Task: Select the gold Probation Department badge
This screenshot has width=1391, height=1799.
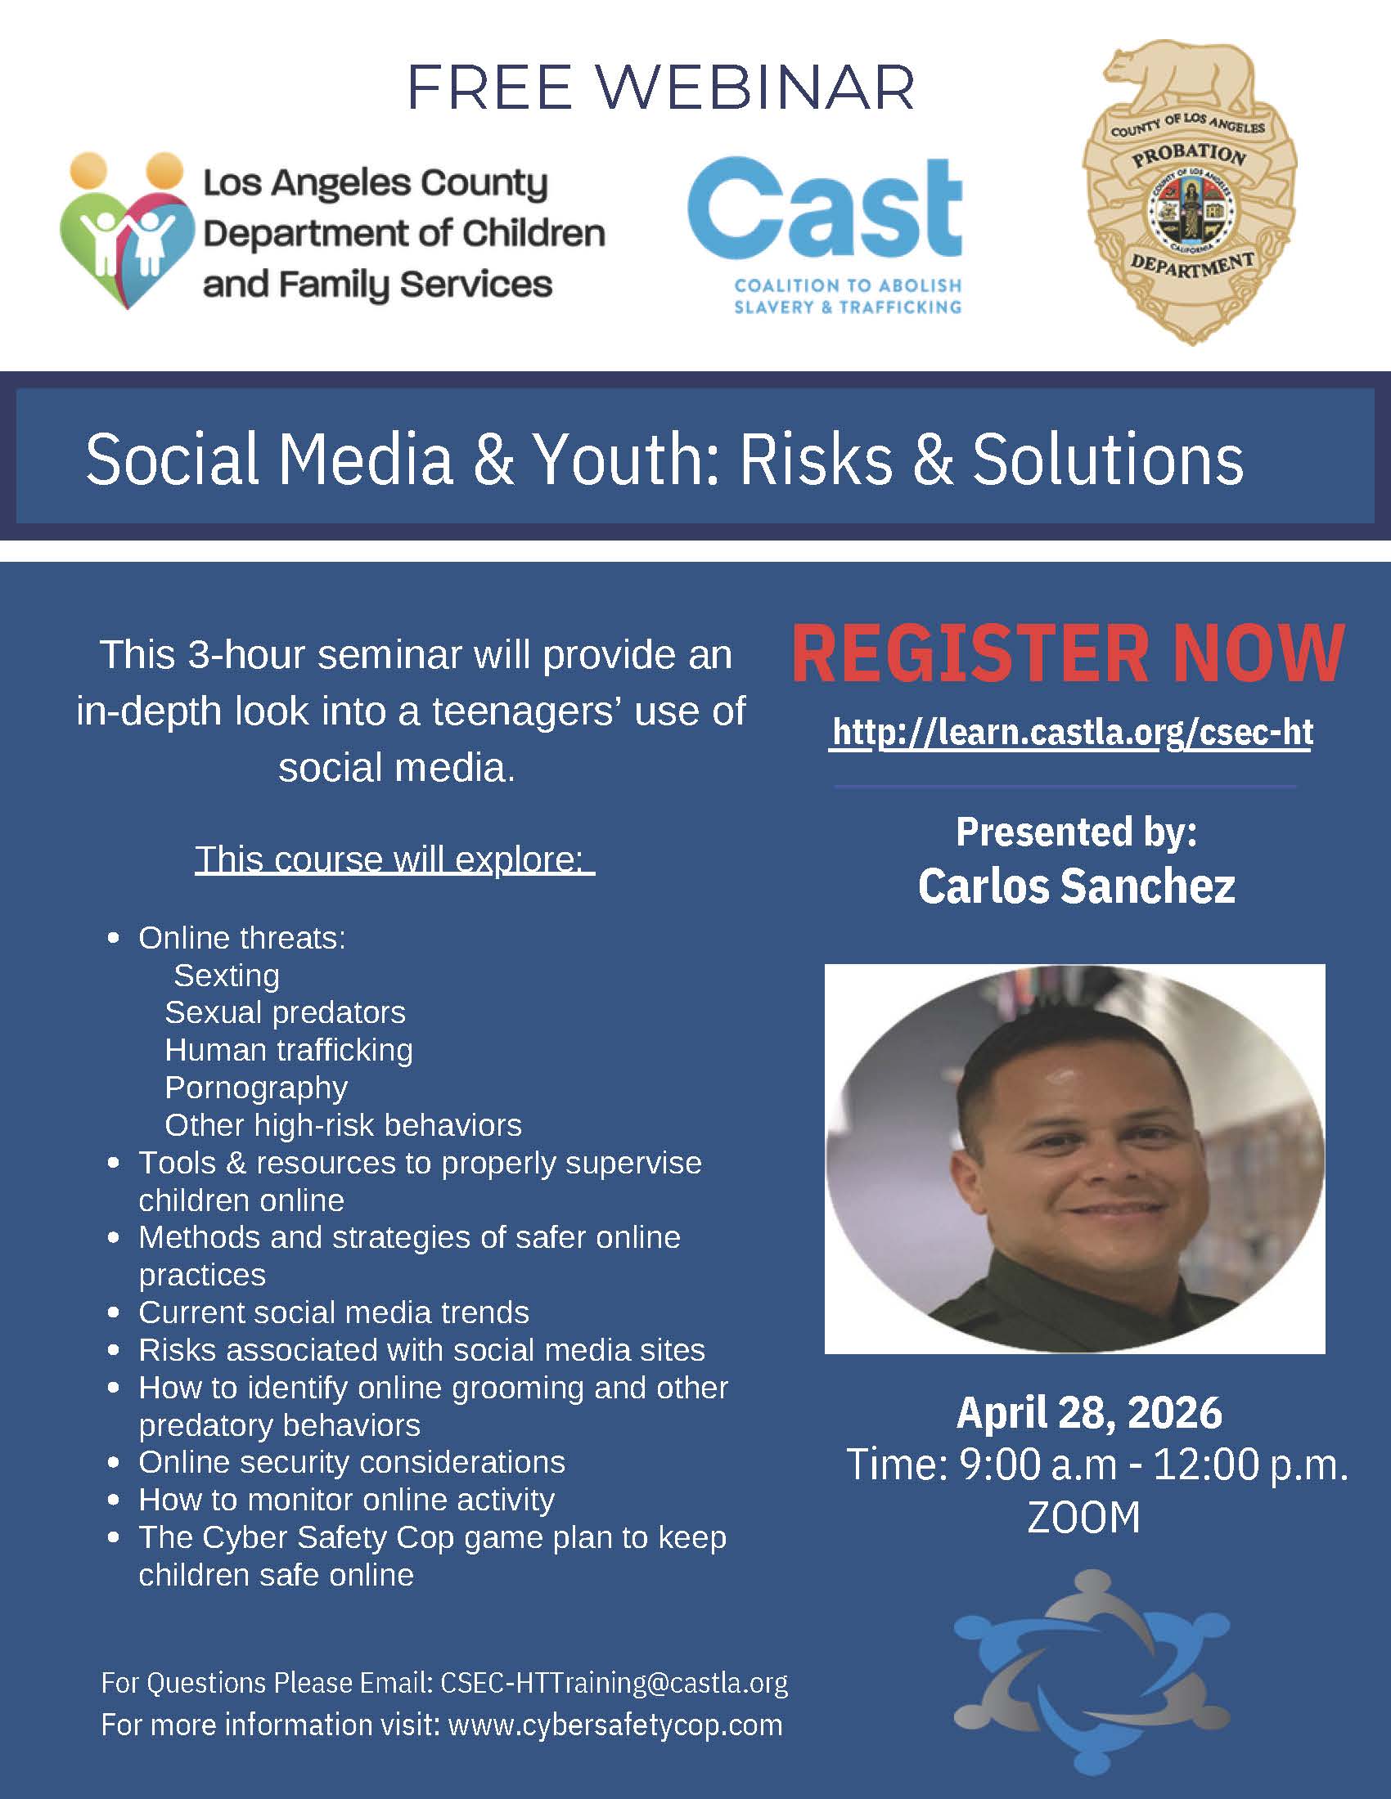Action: (x=1189, y=194)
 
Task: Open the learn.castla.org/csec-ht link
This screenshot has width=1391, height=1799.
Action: (x=1072, y=733)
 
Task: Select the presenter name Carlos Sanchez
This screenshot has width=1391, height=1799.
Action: (x=1076, y=886)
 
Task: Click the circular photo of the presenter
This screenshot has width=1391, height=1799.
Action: (x=1074, y=1160)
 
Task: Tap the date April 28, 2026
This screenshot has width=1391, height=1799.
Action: (x=1088, y=1414)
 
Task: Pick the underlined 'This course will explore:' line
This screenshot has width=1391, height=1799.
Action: (x=394, y=860)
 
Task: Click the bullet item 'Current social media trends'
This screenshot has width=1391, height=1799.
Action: (x=334, y=1312)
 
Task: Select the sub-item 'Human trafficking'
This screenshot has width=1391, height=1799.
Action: (x=288, y=1050)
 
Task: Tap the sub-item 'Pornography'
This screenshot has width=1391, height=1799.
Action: (x=256, y=1088)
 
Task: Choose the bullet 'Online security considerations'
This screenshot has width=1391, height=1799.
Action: (x=352, y=1462)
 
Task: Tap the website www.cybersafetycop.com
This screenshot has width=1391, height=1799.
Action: (x=615, y=1724)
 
